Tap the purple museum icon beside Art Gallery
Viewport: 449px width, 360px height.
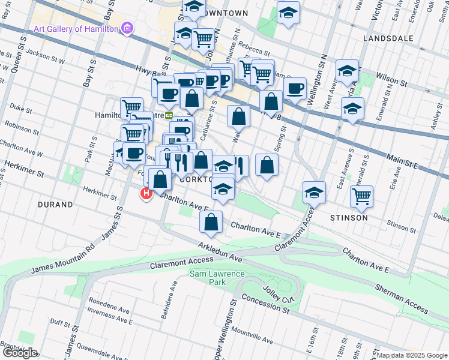click(127, 28)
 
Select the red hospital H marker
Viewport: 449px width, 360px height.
click(146, 194)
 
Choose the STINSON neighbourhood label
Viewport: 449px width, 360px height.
click(348, 217)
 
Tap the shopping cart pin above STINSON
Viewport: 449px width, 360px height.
click(362, 196)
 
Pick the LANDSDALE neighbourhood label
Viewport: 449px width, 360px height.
click(388, 38)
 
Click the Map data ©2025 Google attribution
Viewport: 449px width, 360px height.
click(411, 355)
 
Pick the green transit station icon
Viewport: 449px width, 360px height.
click(169, 116)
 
